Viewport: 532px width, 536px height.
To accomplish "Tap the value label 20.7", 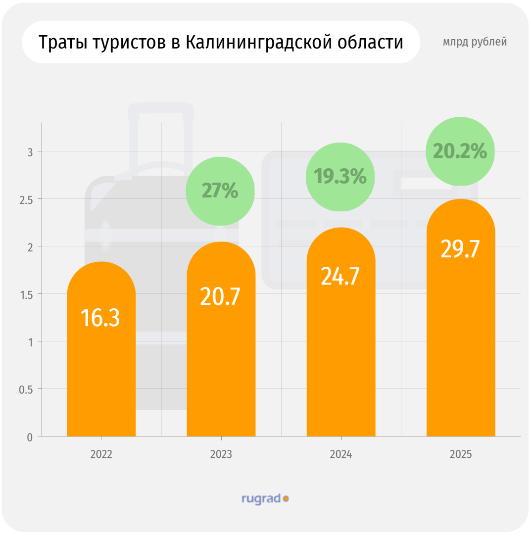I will click(x=220, y=296).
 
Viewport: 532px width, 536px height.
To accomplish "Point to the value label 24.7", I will click(x=340, y=276).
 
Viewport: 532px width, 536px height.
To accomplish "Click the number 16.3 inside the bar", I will click(x=100, y=317).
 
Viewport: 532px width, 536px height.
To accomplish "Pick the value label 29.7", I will click(x=460, y=249).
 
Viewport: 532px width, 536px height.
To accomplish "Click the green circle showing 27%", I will click(x=220, y=191).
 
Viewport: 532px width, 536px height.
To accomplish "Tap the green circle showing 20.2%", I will click(x=460, y=151).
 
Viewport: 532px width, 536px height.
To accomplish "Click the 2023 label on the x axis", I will click(x=221, y=454).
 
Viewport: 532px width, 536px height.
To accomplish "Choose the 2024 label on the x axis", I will click(x=340, y=454).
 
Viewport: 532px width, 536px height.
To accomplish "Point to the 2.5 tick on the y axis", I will click(x=26, y=199).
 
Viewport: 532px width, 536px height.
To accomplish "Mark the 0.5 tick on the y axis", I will click(x=26, y=390).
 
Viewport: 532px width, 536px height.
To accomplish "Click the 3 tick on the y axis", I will click(x=30, y=152).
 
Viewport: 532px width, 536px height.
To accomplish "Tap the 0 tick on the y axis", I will click(x=30, y=437).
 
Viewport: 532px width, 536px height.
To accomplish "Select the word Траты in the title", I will click(x=62, y=43).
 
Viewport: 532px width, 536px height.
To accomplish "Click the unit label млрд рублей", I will click(x=475, y=42).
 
